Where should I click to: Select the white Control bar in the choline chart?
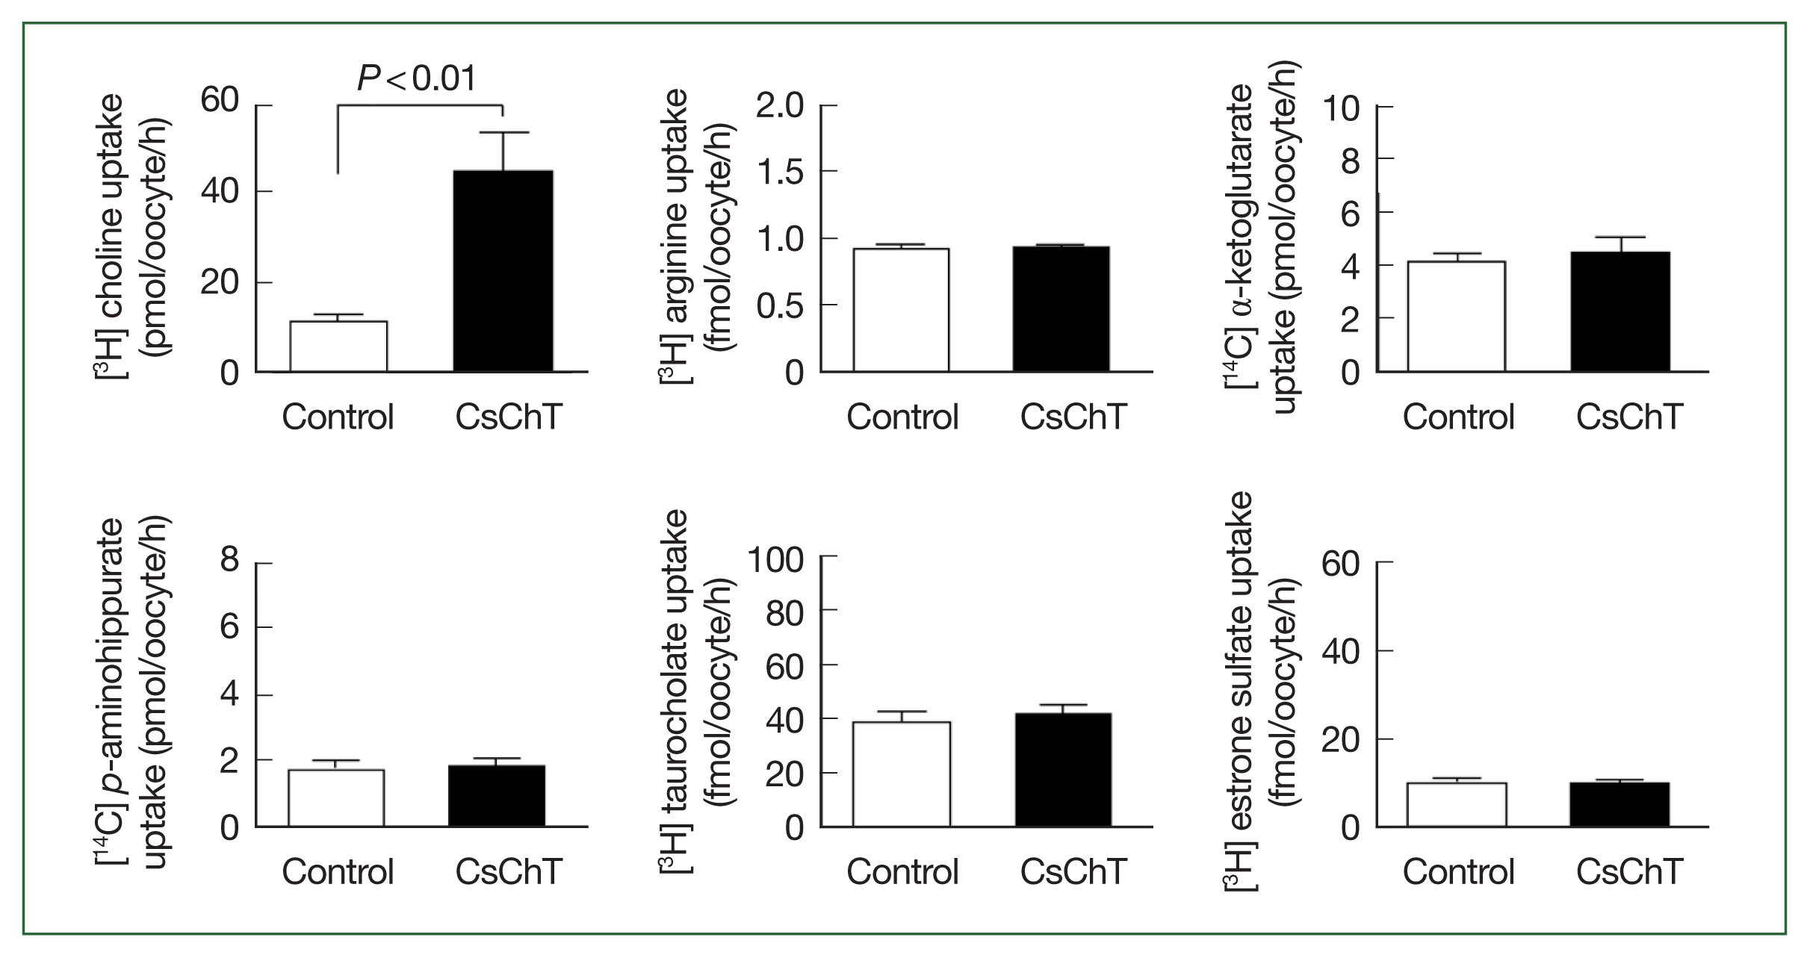(338, 346)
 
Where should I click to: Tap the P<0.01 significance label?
(416, 79)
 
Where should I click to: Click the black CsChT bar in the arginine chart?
(1061, 309)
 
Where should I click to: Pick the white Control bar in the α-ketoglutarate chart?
(1456, 317)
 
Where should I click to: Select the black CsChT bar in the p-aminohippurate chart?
(497, 796)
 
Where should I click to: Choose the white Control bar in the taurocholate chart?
(902, 774)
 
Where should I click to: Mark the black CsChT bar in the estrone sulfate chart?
(1620, 804)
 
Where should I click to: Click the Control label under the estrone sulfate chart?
(1458, 872)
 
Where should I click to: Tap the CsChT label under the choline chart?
(508, 417)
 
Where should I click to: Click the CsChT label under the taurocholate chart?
(1073, 872)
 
